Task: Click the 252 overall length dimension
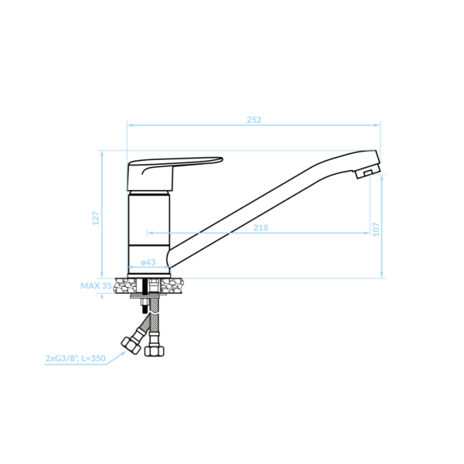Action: (x=254, y=120)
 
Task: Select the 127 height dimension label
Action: (x=96, y=218)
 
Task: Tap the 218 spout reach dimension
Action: (x=261, y=227)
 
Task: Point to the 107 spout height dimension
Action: (x=376, y=230)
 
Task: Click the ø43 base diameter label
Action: (x=148, y=262)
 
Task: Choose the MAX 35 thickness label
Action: (x=96, y=285)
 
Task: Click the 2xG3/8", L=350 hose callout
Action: (x=76, y=358)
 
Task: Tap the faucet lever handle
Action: (x=165, y=173)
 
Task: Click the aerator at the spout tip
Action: (x=368, y=172)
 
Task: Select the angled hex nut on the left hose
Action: (x=131, y=346)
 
